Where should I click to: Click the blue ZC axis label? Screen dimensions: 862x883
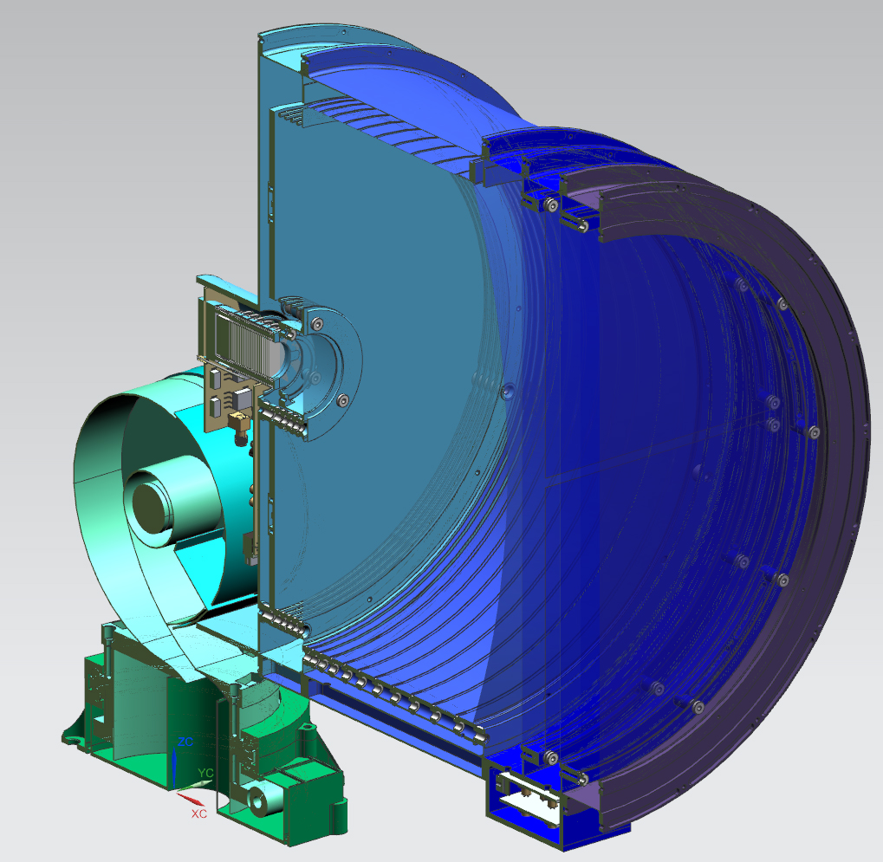pos(185,742)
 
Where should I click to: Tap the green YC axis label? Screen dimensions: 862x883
pos(206,772)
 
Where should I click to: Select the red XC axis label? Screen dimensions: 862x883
pos(198,814)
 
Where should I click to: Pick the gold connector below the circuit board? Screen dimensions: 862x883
pos(236,422)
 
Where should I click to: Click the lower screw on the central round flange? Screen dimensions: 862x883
pos(342,400)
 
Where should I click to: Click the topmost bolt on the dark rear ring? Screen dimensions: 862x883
pos(782,303)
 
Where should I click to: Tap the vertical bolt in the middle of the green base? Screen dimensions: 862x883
pos(236,706)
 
